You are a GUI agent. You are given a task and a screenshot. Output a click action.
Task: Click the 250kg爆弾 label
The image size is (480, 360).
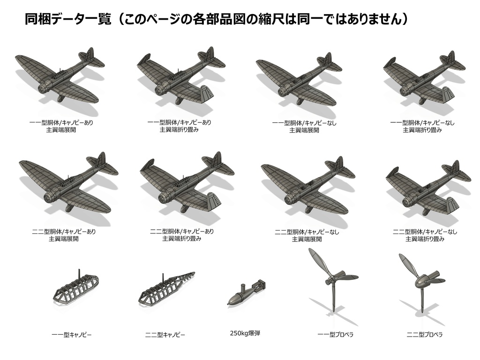point(245,333)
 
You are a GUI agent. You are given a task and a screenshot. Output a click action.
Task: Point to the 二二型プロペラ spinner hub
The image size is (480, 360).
point(421,283)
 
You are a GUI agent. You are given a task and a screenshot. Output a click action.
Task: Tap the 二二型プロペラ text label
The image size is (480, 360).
point(424,335)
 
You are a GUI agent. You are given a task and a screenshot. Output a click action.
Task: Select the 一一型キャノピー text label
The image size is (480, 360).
point(71,335)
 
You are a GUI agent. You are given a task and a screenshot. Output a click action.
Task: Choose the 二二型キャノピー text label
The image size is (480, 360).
point(165,335)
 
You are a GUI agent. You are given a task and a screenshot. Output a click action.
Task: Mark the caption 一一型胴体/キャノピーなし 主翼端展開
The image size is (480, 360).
point(304,127)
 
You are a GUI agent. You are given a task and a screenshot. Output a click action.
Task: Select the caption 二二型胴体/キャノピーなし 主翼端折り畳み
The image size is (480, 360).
point(425,235)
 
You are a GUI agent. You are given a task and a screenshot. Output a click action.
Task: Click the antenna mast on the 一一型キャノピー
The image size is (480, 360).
point(79,274)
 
